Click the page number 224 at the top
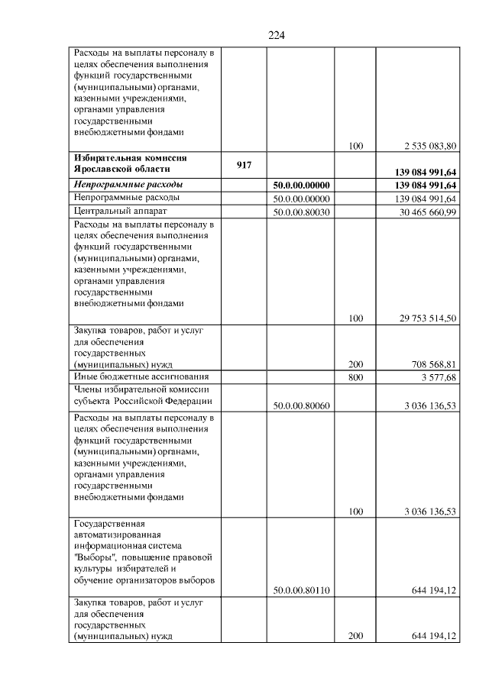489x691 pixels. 277,35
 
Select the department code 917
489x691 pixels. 244,164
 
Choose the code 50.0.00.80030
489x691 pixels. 301,211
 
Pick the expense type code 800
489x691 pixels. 355,377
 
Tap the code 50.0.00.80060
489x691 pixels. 301,405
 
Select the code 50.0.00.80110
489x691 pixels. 301,590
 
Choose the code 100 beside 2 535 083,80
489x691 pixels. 355,145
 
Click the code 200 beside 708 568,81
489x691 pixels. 355,365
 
